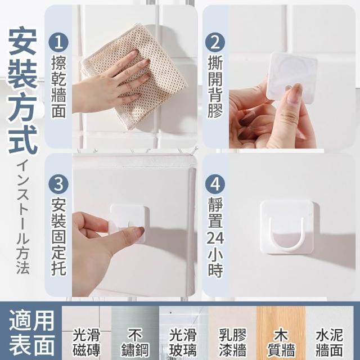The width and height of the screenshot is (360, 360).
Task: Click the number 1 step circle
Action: (58, 43)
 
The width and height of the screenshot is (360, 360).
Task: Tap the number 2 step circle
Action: (215, 43)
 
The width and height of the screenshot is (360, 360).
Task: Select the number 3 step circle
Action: (58, 184)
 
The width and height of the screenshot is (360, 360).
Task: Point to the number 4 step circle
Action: (215, 184)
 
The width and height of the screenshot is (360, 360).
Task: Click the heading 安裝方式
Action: (22, 91)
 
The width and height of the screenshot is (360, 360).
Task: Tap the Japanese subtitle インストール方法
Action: (23, 217)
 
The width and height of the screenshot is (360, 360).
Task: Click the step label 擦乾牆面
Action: (58, 87)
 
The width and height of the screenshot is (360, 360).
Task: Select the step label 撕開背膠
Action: (215, 87)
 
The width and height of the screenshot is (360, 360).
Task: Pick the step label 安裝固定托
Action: (58, 236)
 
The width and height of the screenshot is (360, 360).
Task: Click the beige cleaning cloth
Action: (135, 76)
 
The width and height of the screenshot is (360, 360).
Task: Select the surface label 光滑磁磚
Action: (86, 342)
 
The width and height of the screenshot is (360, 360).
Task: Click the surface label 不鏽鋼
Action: (135, 342)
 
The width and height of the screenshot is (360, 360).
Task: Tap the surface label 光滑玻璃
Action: (183, 342)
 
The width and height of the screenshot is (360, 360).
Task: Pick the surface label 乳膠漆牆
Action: (232, 342)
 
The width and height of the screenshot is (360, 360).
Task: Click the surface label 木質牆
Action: (281, 342)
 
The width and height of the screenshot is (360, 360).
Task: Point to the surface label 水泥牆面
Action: (330, 342)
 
